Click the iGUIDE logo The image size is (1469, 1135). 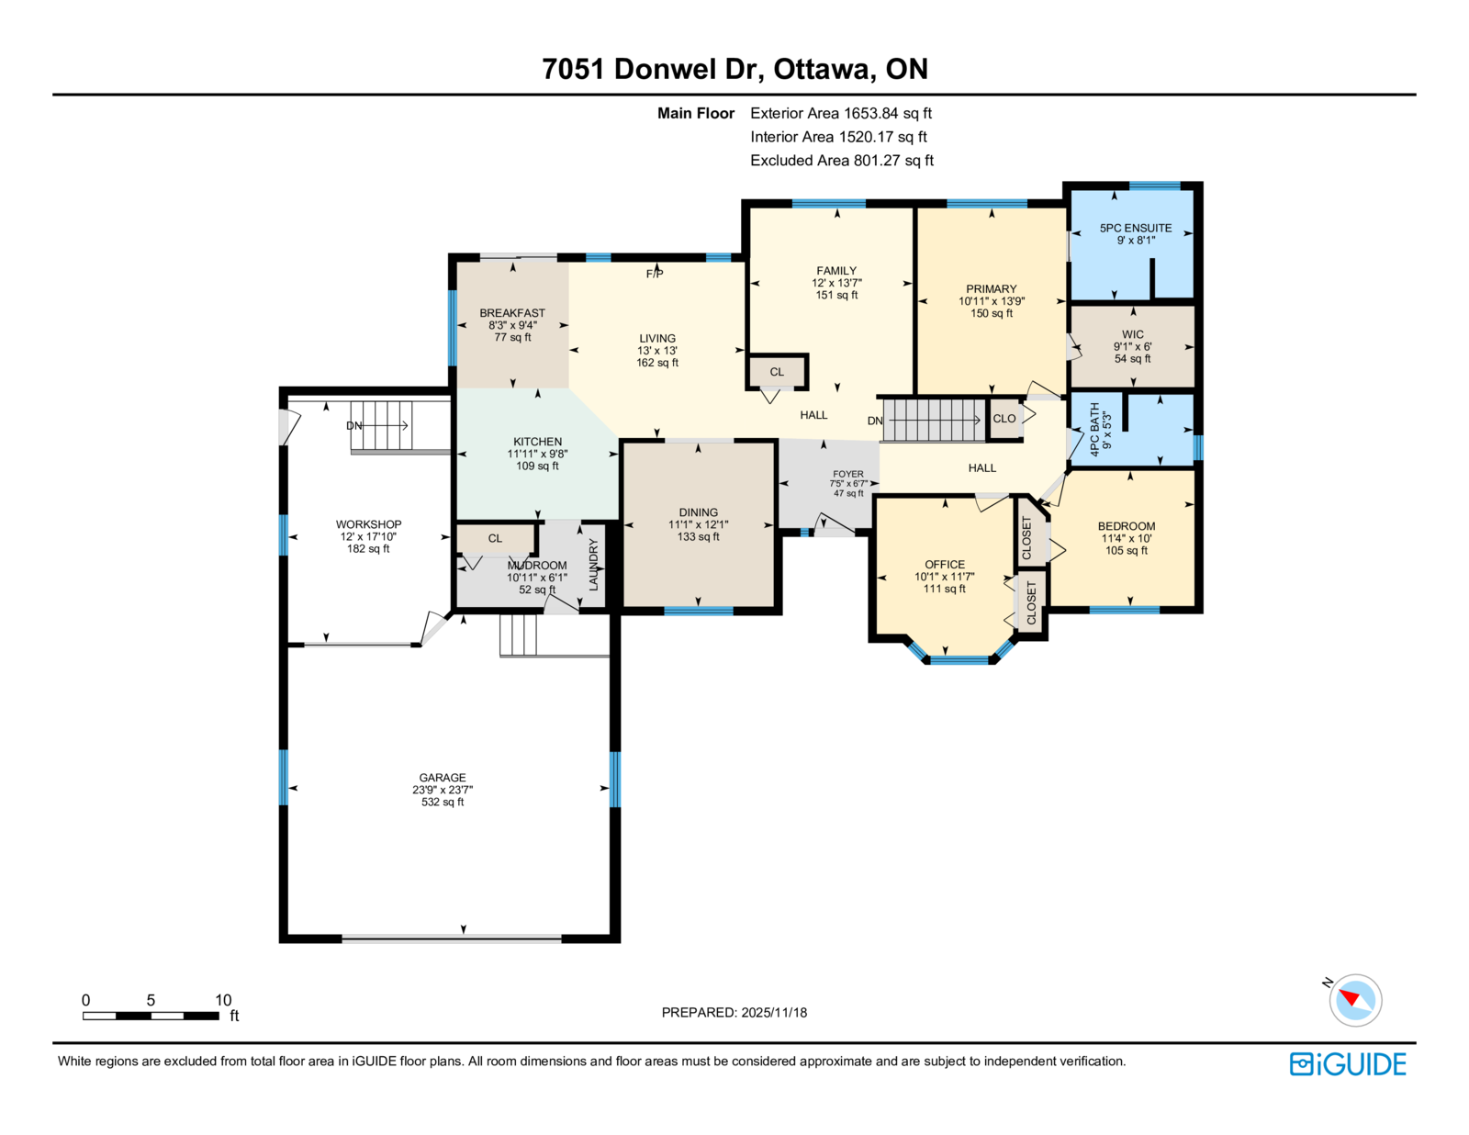tap(1347, 1064)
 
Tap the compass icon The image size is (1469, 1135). tap(1355, 1000)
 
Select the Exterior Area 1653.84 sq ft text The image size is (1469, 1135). tap(841, 113)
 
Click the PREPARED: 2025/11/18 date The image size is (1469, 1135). tap(734, 1012)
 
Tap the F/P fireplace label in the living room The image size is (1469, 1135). tap(655, 274)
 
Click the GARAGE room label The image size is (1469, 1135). tap(443, 778)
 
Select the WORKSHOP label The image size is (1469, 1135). tap(368, 524)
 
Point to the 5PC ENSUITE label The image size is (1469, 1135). tap(1136, 228)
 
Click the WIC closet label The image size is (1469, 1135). tap(1133, 334)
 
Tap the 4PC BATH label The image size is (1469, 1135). tap(1094, 429)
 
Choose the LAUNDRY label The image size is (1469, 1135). tap(593, 565)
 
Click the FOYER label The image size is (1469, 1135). tap(848, 474)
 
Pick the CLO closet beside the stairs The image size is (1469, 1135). tap(1004, 419)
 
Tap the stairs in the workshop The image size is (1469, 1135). tap(381, 426)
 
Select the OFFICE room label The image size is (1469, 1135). tap(945, 565)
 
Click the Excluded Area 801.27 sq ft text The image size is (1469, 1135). tap(842, 160)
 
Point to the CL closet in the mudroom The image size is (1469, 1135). tap(496, 539)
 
